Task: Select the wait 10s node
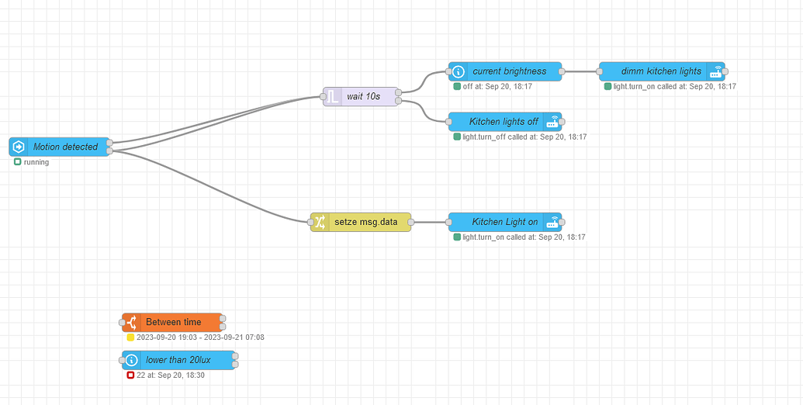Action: [362, 96]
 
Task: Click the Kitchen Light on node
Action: [505, 222]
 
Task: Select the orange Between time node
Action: [173, 322]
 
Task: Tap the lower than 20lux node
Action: [178, 360]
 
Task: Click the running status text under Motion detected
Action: [36, 162]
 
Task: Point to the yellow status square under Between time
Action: [130, 337]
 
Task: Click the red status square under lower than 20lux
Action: [130, 376]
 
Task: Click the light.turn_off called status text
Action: [524, 137]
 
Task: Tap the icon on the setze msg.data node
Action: [320, 222]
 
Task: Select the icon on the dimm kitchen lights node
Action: [715, 71]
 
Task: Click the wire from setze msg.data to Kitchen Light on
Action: [429, 222]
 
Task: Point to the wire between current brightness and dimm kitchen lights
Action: [580, 71]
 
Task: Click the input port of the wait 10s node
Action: [322, 96]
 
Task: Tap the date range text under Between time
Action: [200, 337]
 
